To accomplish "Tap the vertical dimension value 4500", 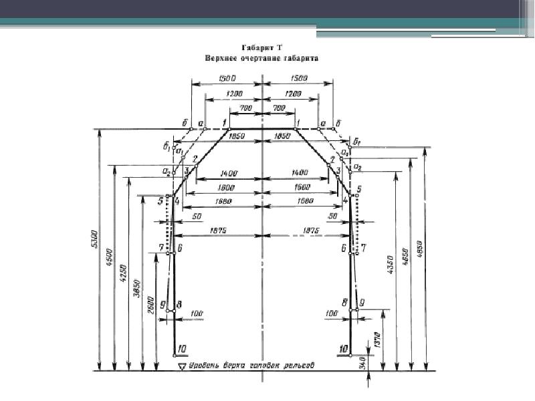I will tap(110, 257).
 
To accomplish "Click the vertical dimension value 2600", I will tap(152, 304).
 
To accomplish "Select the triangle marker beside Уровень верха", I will tap(181, 366).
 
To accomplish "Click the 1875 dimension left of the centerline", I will tap(219, 231).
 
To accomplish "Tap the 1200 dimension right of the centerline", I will tap(292, 94).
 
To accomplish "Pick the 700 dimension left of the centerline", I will tap(247, 108).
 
